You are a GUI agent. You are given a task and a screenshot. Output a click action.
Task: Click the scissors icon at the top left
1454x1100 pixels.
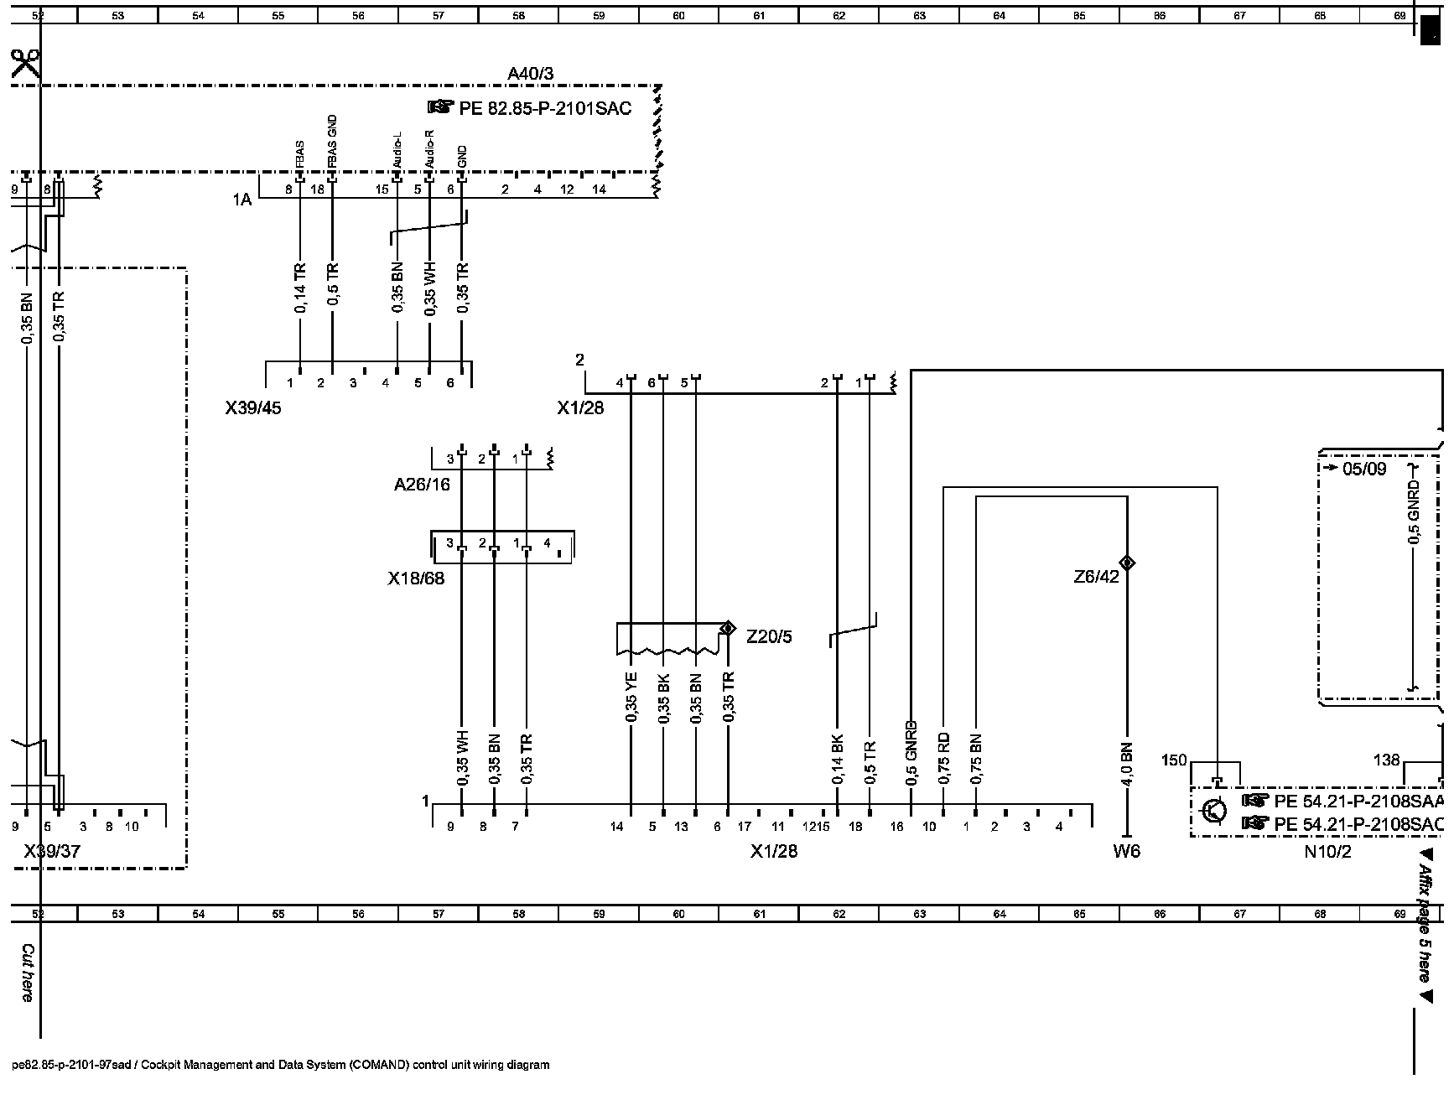click(x=25, y=64)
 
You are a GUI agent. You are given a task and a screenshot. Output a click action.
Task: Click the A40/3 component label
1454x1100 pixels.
click(x=530, y=74)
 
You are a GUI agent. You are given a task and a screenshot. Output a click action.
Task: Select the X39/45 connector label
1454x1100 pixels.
click(x=253, y=408)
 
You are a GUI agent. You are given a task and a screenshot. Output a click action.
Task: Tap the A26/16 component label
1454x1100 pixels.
click(x=422, y=484)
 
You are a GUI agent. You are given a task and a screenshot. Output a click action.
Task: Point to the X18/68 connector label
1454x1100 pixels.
click(x=416, y=579)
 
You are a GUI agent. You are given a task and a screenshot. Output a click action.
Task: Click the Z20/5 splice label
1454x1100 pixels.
click(x=769, y=637)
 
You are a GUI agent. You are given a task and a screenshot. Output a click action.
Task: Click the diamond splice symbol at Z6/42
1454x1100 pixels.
click(x=1127, y=563)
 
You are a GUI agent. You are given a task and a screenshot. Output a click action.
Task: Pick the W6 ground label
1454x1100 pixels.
click(x=1126, y=852)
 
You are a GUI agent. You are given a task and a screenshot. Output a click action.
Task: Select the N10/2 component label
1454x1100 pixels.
click(x=1327, y=853)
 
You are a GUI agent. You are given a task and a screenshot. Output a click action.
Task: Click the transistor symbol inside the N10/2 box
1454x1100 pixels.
click(x=1213, y=811)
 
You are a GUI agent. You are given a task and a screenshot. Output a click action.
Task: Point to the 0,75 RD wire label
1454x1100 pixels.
click(x=944, y=760)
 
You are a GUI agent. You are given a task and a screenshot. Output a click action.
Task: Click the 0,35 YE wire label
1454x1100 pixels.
click(x=631, y=697)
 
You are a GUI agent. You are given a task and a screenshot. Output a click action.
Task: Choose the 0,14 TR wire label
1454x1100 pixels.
click(x=300, y=288)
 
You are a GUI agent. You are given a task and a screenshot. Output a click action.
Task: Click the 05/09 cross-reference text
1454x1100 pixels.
click(x=1364, y=469)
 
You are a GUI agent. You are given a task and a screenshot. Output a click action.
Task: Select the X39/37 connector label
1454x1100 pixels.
click(x=53, y=852)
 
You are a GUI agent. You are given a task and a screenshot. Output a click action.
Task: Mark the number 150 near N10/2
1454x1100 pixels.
click(x=1174, y=760)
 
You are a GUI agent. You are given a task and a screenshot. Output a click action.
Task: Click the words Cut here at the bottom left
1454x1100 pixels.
click(x=27, y=973)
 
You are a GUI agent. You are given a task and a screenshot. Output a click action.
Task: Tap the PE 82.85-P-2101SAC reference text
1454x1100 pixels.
click(x=544, y=108)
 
